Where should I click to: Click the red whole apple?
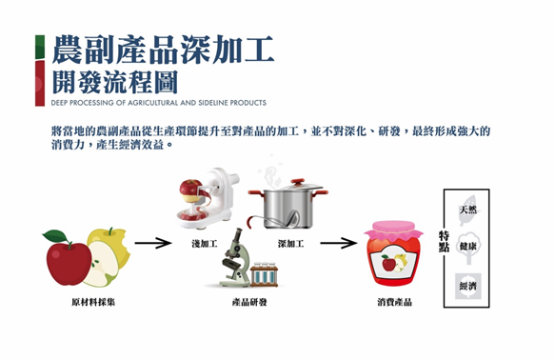(x=69, y=263)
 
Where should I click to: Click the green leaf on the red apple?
(x=55, y=236)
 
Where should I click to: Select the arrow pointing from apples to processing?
(x=153, y=243)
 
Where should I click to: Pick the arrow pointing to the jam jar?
(x=338, y=243)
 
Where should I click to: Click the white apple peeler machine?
(x=208, y=198)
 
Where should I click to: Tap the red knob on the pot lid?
(x=298, y=181)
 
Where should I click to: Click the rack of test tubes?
(x=264, y=274)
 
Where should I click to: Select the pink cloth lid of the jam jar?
(x=393, y=231)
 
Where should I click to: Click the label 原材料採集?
(x=93, y=302)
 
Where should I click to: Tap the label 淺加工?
(x=205, y=244)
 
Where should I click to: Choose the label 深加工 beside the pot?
(x=290, y=244)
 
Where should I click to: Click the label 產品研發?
(x=249, y=302)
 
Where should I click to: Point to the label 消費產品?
(x=395, y=302)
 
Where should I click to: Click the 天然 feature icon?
(x=468, y=210)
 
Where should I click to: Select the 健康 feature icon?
(x=468, y=247)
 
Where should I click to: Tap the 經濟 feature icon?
(x=468, y=286)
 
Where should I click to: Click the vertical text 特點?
(x=445, y=241)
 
